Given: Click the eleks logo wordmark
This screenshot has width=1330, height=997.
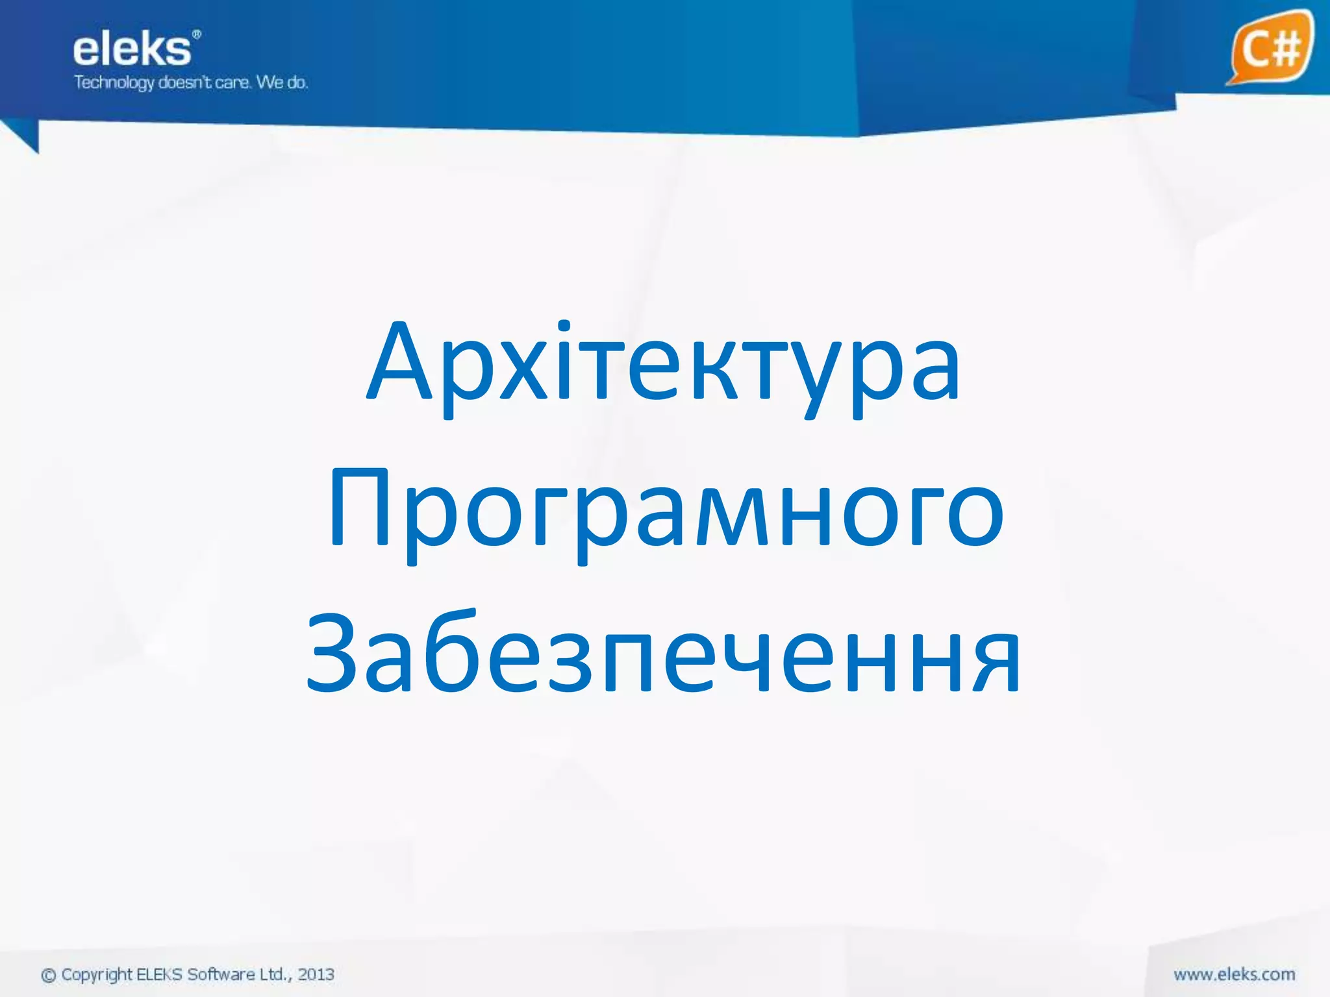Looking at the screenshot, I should point(132,51).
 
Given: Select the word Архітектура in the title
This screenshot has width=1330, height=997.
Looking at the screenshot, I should point(664,363).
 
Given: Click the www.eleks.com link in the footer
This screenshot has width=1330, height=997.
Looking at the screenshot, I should point(1234,974).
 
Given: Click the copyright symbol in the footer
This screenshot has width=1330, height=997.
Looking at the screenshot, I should point(49,975).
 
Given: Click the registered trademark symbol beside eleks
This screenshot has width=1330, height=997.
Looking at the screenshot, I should point(197,34).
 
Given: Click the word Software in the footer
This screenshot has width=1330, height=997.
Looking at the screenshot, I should point(221,974).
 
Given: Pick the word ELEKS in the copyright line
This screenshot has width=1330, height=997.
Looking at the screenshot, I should point(160,974).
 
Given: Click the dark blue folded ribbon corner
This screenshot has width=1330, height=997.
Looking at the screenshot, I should point(23,136).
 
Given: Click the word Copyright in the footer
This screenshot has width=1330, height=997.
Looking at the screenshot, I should point(97,975).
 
